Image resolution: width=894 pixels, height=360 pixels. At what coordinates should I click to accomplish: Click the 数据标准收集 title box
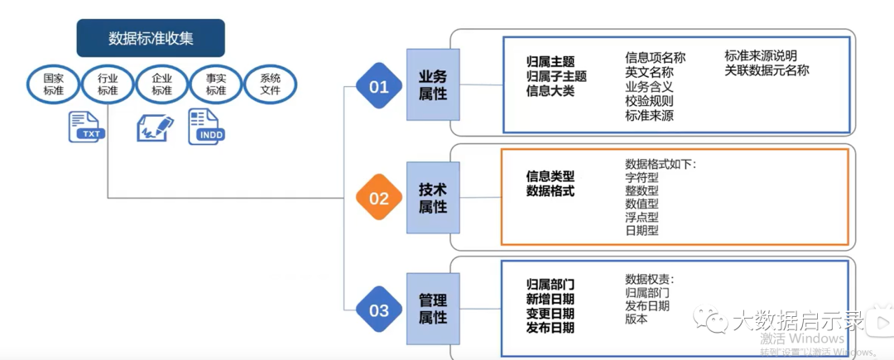[x=151, y=38]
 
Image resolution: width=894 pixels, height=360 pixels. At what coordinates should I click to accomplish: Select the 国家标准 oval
[x=54, y=84]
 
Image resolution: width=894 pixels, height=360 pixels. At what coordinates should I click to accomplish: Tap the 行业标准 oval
[x=108, y=84]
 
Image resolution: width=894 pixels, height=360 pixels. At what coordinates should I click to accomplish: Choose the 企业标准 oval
[x=162, y=84]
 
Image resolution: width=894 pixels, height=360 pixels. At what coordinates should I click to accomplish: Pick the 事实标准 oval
[x=216, y=84]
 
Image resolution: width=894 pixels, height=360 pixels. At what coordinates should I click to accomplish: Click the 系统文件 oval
[x=271, y=84]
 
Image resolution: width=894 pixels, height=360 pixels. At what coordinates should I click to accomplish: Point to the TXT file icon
[x=86, y=127]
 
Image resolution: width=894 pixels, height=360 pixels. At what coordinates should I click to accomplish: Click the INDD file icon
[x=206, y=127]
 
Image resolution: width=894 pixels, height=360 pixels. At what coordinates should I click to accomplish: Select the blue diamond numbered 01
[x=379, y=86]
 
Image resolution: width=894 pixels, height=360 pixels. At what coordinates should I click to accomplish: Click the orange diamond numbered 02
[x=379, y=199]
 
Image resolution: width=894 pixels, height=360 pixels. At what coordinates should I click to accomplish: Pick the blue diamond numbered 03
[x=379, y=310]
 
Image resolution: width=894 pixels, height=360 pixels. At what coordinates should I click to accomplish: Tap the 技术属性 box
[x=433, y=198]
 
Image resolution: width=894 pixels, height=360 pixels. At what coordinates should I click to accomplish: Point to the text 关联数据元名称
[x=767, y=70]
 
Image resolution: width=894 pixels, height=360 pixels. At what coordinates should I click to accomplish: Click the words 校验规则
[x=649, y=101]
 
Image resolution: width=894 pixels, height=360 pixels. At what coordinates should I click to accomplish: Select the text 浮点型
[x=642, y=217]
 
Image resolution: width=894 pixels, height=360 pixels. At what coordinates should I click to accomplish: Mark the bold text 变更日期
[x=550, y=314]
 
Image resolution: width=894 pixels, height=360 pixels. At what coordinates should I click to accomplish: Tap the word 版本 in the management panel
[x=637, y=319]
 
